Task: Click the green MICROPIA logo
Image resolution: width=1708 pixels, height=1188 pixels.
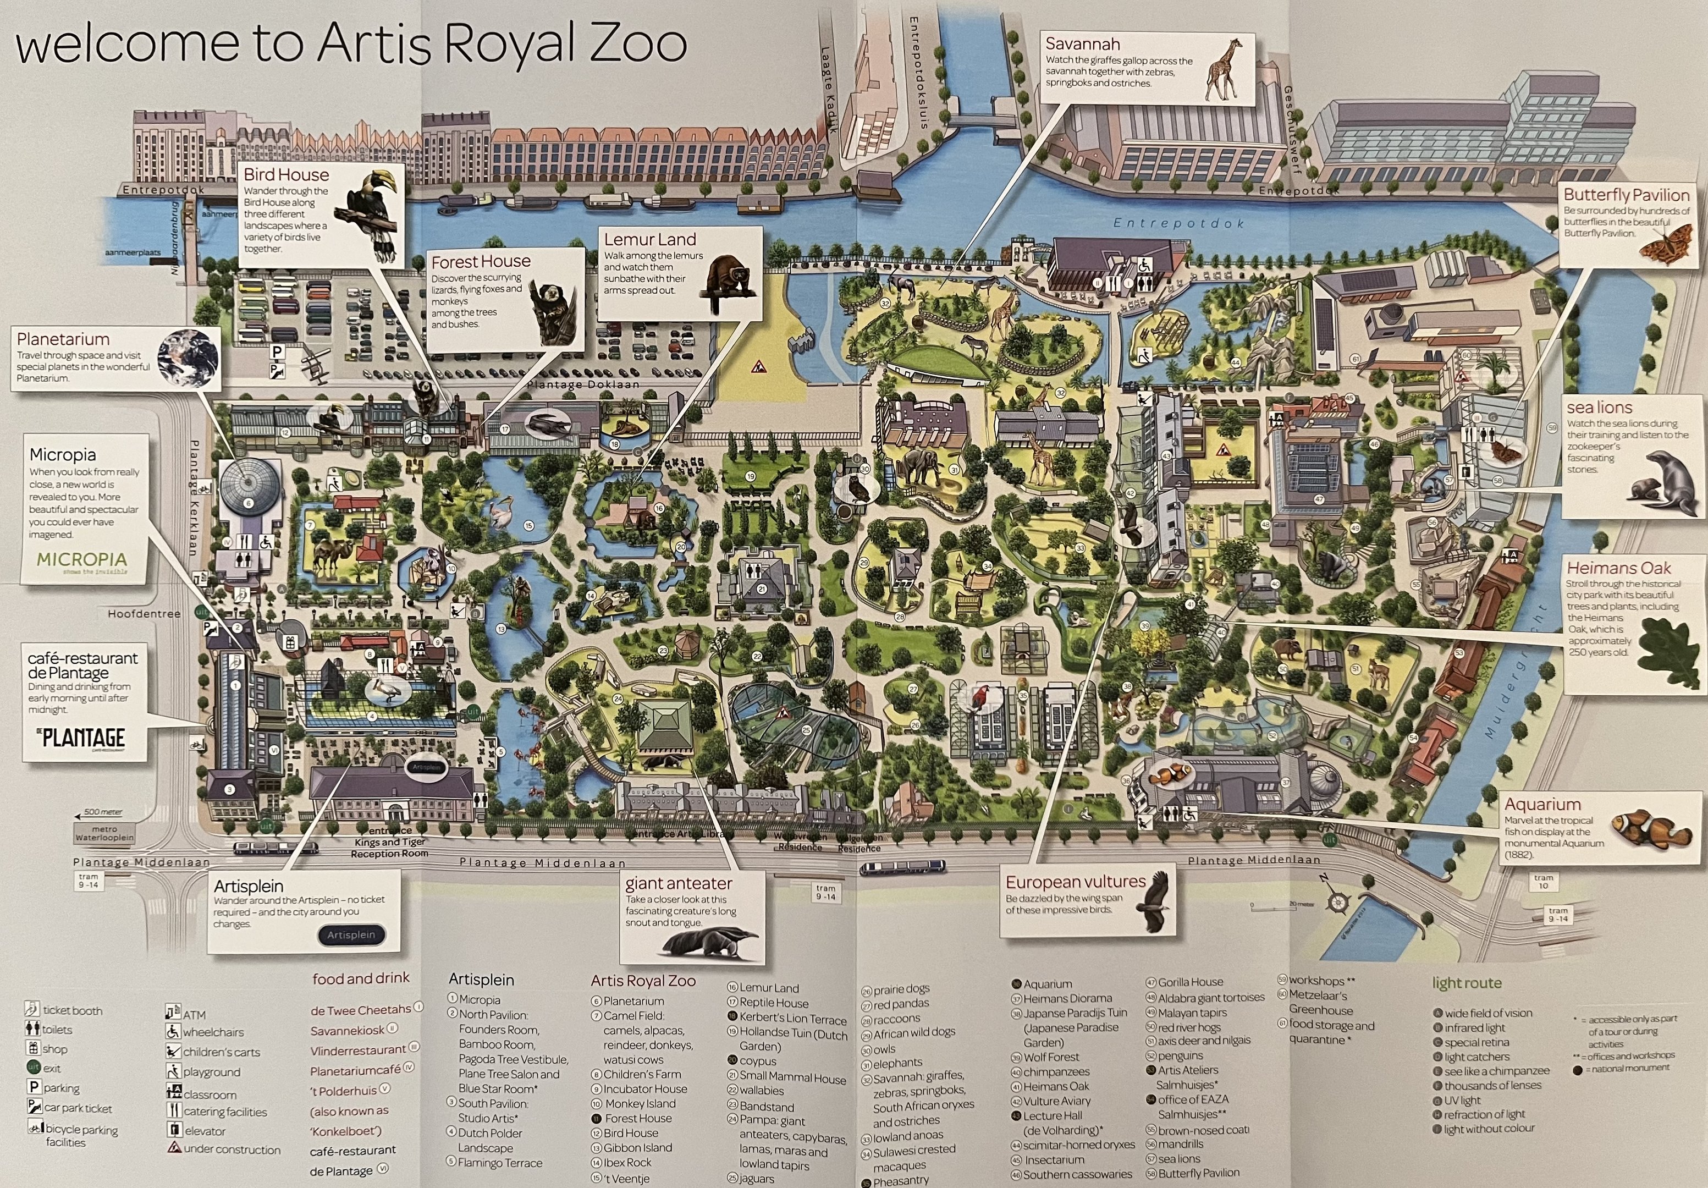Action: [x=82, y=560]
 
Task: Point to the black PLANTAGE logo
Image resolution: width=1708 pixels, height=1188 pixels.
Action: [x=82, y=738]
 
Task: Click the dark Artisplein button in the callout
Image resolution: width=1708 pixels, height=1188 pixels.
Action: [x=351, y=934]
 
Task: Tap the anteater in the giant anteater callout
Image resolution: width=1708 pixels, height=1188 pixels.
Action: [x=707, y=945]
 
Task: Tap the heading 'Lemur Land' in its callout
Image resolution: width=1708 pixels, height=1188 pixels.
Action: [x=649, y=240]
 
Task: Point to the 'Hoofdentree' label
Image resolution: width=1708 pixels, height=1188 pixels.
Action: [x=144, y=614]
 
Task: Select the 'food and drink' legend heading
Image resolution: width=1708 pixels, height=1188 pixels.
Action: [x=361, y=979]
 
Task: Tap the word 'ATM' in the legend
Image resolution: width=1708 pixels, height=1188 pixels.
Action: [x=194, y=1015]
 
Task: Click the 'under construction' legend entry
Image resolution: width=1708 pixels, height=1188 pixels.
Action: [x=232, y=1149]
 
